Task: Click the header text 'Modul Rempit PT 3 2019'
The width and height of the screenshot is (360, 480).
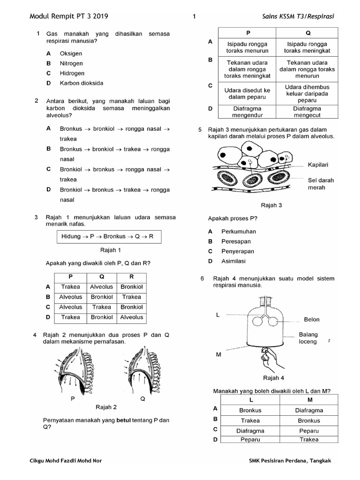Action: point(69,16)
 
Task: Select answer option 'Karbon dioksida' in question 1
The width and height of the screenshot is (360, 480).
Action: point(81,83)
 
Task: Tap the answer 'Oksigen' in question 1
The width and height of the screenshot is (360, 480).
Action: point(71,53)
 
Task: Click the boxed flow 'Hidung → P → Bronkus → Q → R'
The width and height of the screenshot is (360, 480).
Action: point(107,237)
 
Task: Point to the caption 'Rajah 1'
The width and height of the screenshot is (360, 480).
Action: point(110,250)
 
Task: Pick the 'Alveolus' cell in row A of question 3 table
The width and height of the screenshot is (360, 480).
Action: point(101,287)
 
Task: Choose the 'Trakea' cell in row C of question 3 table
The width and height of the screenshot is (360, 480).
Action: point(101,307)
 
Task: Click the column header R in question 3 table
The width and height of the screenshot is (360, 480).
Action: point(131,277)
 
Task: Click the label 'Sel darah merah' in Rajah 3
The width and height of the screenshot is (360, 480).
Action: point(320,183)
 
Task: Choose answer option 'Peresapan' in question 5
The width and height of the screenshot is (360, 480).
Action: point(236,241)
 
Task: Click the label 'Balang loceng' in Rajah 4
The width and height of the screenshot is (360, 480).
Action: point(308,338)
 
